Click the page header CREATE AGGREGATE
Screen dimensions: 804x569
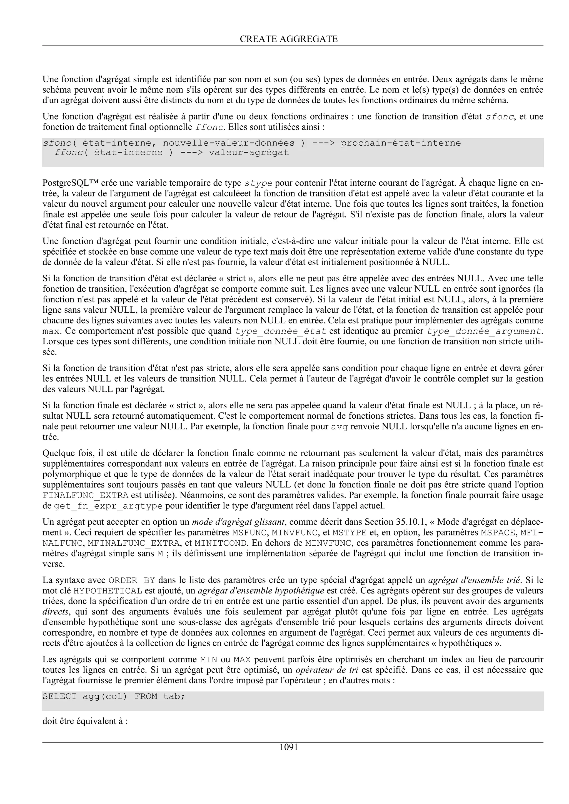289,39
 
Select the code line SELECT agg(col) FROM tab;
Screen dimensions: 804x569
114,696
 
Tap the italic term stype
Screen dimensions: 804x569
258,183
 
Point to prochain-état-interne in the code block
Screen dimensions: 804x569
400,143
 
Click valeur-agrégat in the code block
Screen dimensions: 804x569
249,152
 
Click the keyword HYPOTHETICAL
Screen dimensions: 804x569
108,591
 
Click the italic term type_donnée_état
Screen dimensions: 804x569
280,331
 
